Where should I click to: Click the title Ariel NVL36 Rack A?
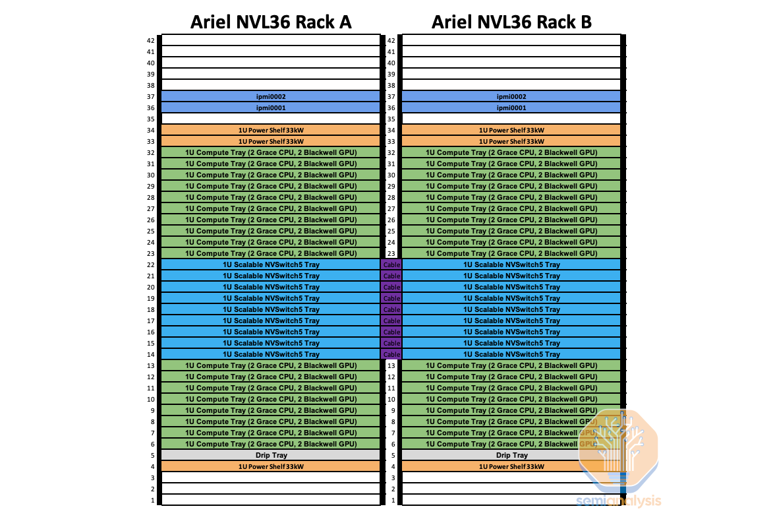pyautogui.click(x=271, y=22)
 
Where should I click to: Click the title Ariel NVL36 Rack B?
pyautogui.click(x=511, y=22)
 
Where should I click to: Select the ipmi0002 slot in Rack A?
pyautogui.click(x=271, y=96)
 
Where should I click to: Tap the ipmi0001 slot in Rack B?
pyautogui.click(x=511, y=108)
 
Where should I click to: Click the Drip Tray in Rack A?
pyautogui.click(x=271, y=455)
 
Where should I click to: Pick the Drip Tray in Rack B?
pyautogui.click(x=511, y=455)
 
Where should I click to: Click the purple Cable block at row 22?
pyautogui.click(x=391, y=264)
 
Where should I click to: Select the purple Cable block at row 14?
pyautogui.click(x=391, y=354)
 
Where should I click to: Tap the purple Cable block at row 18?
pyautogui.click(x=391, y=309)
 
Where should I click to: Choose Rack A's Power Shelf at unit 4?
pyautogui.click(x=271, y=466)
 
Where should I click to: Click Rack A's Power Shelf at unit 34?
pyautogui.click(x=271, y=130)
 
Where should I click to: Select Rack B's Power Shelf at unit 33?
pyautogui.click(x=511, y=141)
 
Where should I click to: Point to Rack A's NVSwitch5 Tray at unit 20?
pyautogui.click(x=271, y=287)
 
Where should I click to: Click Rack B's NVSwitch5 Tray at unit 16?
pyautogui.click(x=511, y=332)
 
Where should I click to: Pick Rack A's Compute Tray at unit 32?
pyautogui.click(x=271, y=152)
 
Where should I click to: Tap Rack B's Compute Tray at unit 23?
pyautogui.click(x=511, y=253)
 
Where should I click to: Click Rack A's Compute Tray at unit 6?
pyautogui.click(x=271, y=444)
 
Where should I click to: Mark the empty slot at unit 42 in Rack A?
pyautogui.click(x=271, y=40)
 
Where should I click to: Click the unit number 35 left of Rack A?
pyautogui.click(x=150, y=119)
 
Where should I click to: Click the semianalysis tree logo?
pyautogui.click(x=617, y=448)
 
